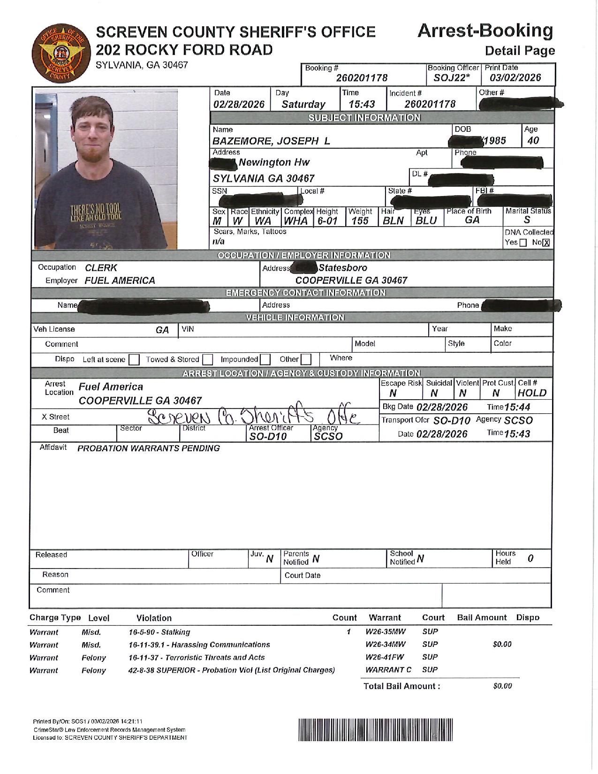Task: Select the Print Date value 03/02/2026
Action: pyautogui.click(x=515, y=78)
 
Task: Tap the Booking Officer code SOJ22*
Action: pyautogui.click(x=451, y=78)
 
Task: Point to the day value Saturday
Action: pyautogui.click(x=303, y=104)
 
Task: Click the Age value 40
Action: pyautogui.click(x=533, y=140)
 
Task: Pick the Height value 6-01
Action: pyautogui.click(x=327, y=221)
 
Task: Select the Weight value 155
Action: pyautogui.click(x=360, y=221)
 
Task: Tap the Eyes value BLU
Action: pyautogui.click(x=426, y=221)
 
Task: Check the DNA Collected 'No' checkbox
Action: pyautogui.click(x=546, y=243)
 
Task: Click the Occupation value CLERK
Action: pyautogui.click(x=101, y=268)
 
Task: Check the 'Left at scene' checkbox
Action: pyautogui.click(x=134, y=360)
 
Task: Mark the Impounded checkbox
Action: pyautogui.click(x=265, y=360)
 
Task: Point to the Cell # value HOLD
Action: pyautogui.click(x=532, y=393)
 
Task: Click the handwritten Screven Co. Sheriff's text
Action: pyautogui.click(x=253, y=416)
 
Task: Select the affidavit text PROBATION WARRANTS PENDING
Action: pyautogui.click(x=148, y=448)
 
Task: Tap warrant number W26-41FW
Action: pyautogui.click(x=385, y=657)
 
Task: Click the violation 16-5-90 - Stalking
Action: pyautogui.click(x=159, y=632)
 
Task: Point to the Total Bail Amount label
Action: pyautogui.click(x=401, y=686)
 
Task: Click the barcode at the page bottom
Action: pyautogui.click(x=376, y=729)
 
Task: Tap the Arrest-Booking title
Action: pyautogui.click(x=485, y=31)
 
